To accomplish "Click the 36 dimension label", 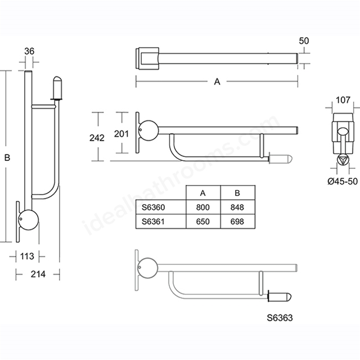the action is click(29, 51).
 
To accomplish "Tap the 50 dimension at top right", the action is click(304, 41).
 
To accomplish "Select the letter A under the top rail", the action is click(217, 82).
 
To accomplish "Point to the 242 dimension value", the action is click(97, 138).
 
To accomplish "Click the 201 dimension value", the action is click(121, 134).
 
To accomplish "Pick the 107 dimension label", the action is click(343, 100).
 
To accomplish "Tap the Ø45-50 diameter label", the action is click(343, 181).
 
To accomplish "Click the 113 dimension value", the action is click(27, 256).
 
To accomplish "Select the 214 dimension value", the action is click(38, 274).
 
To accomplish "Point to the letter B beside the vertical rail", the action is click(7, 157).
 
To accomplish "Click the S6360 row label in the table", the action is click(153, 208).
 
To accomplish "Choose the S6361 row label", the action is click(153, 222).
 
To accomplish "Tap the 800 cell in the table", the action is click(202, 208).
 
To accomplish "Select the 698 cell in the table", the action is click(237, 222).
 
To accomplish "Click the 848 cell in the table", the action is click(237, 208).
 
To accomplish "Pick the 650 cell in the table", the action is click(202, 222).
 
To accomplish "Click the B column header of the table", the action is click(237, 193).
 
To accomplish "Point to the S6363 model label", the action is click(280, 318).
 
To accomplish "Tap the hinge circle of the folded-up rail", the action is click(29, 220).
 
